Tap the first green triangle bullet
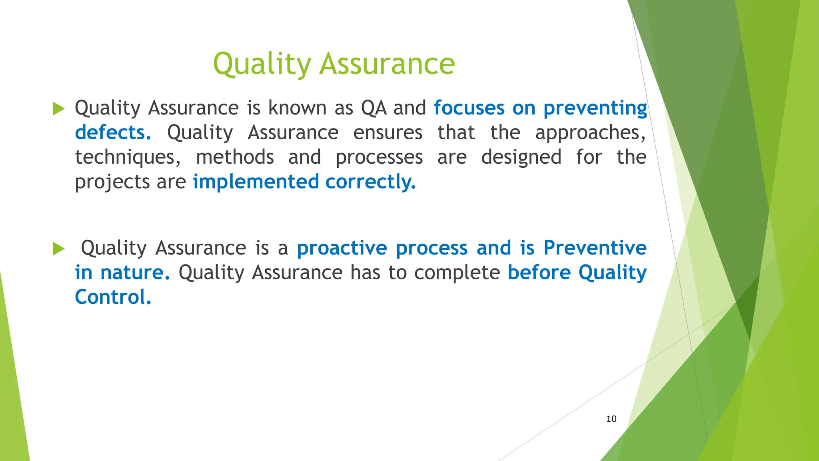58,108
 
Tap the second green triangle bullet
58,249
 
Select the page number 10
611,419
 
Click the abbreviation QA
374,108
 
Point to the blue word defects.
113,132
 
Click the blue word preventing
595,108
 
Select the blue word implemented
256,182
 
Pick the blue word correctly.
371,182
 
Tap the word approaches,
590,133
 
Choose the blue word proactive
342,248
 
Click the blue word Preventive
595,248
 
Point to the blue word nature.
135,273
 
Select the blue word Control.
113,297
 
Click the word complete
457,273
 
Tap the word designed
521,157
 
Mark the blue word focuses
469,108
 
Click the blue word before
539,273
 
